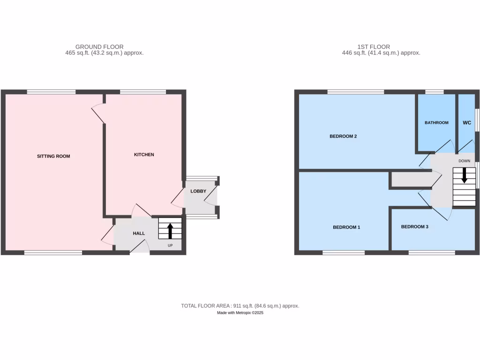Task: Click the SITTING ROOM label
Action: coord(53,156)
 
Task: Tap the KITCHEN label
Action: coord(144,155)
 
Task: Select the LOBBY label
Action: coord(198,191)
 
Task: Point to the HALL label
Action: coord(139,233)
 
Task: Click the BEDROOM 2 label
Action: coord(344,136)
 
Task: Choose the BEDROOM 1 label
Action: coord(346,227)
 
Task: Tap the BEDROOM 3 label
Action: coord(415,227)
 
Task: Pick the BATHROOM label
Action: coord(436,123)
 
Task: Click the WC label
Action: coord(467,123)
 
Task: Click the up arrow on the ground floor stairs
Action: coord(170,230)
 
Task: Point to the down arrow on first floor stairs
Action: coord(465,176)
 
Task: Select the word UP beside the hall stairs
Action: coord(171,245)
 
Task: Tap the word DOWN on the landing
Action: coord(464,161)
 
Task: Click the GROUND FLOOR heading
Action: coord(100,47)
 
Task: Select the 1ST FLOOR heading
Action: coord(374,47)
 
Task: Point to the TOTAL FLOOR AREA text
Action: coord(240,306)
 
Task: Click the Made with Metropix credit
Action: coord(240,313)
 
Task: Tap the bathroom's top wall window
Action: coord(435,92)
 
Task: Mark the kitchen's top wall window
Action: coord(142,92)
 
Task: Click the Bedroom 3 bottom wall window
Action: coord(432,253)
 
